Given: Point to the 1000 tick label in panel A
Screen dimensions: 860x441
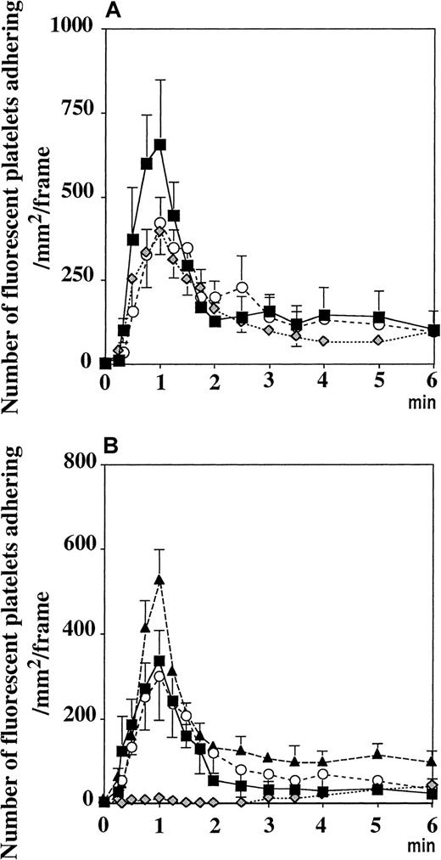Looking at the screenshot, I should pyautogui.click(x=69, y=28).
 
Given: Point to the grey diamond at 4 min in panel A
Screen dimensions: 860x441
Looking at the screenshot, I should pyautogui.click(x=323, y=341).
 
